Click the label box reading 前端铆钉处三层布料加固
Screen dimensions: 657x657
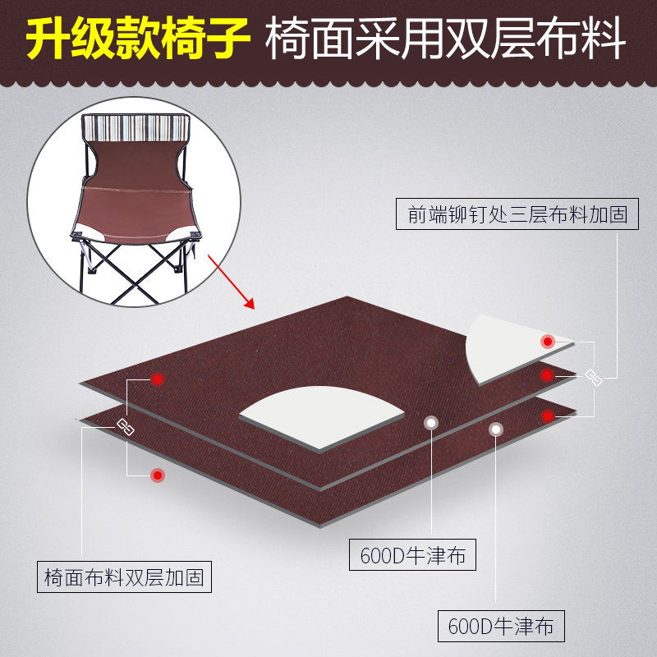coord(517,214)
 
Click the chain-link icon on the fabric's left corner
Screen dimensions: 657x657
coord(126,426)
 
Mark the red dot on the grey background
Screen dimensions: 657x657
coord(157,475)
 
